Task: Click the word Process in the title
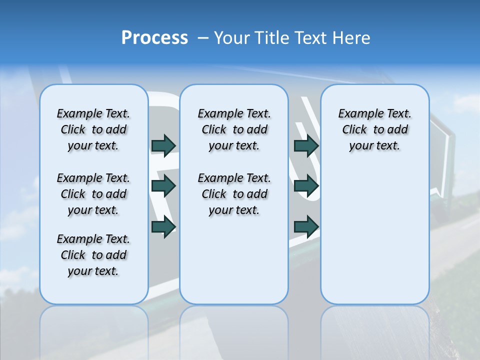[x=154, y=38]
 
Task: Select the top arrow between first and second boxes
[x=163, y=145]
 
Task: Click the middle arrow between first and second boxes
[x=163, y=186]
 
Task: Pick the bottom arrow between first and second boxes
[x=163, y=227]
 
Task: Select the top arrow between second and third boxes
[x=306, y=145]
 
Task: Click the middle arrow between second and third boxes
[x=306, y=186]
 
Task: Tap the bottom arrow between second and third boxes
[x=306, y=227]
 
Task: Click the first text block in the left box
[x=93, y=129]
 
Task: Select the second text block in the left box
[x=93, y=194]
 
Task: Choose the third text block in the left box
[x=93, y=255]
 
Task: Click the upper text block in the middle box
[x=234, y=129]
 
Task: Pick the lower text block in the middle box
[x=234, y=194]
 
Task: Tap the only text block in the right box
[x=375, y=129]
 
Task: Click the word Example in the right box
[x=357, y=113]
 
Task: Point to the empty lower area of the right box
[x=375, y=235]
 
